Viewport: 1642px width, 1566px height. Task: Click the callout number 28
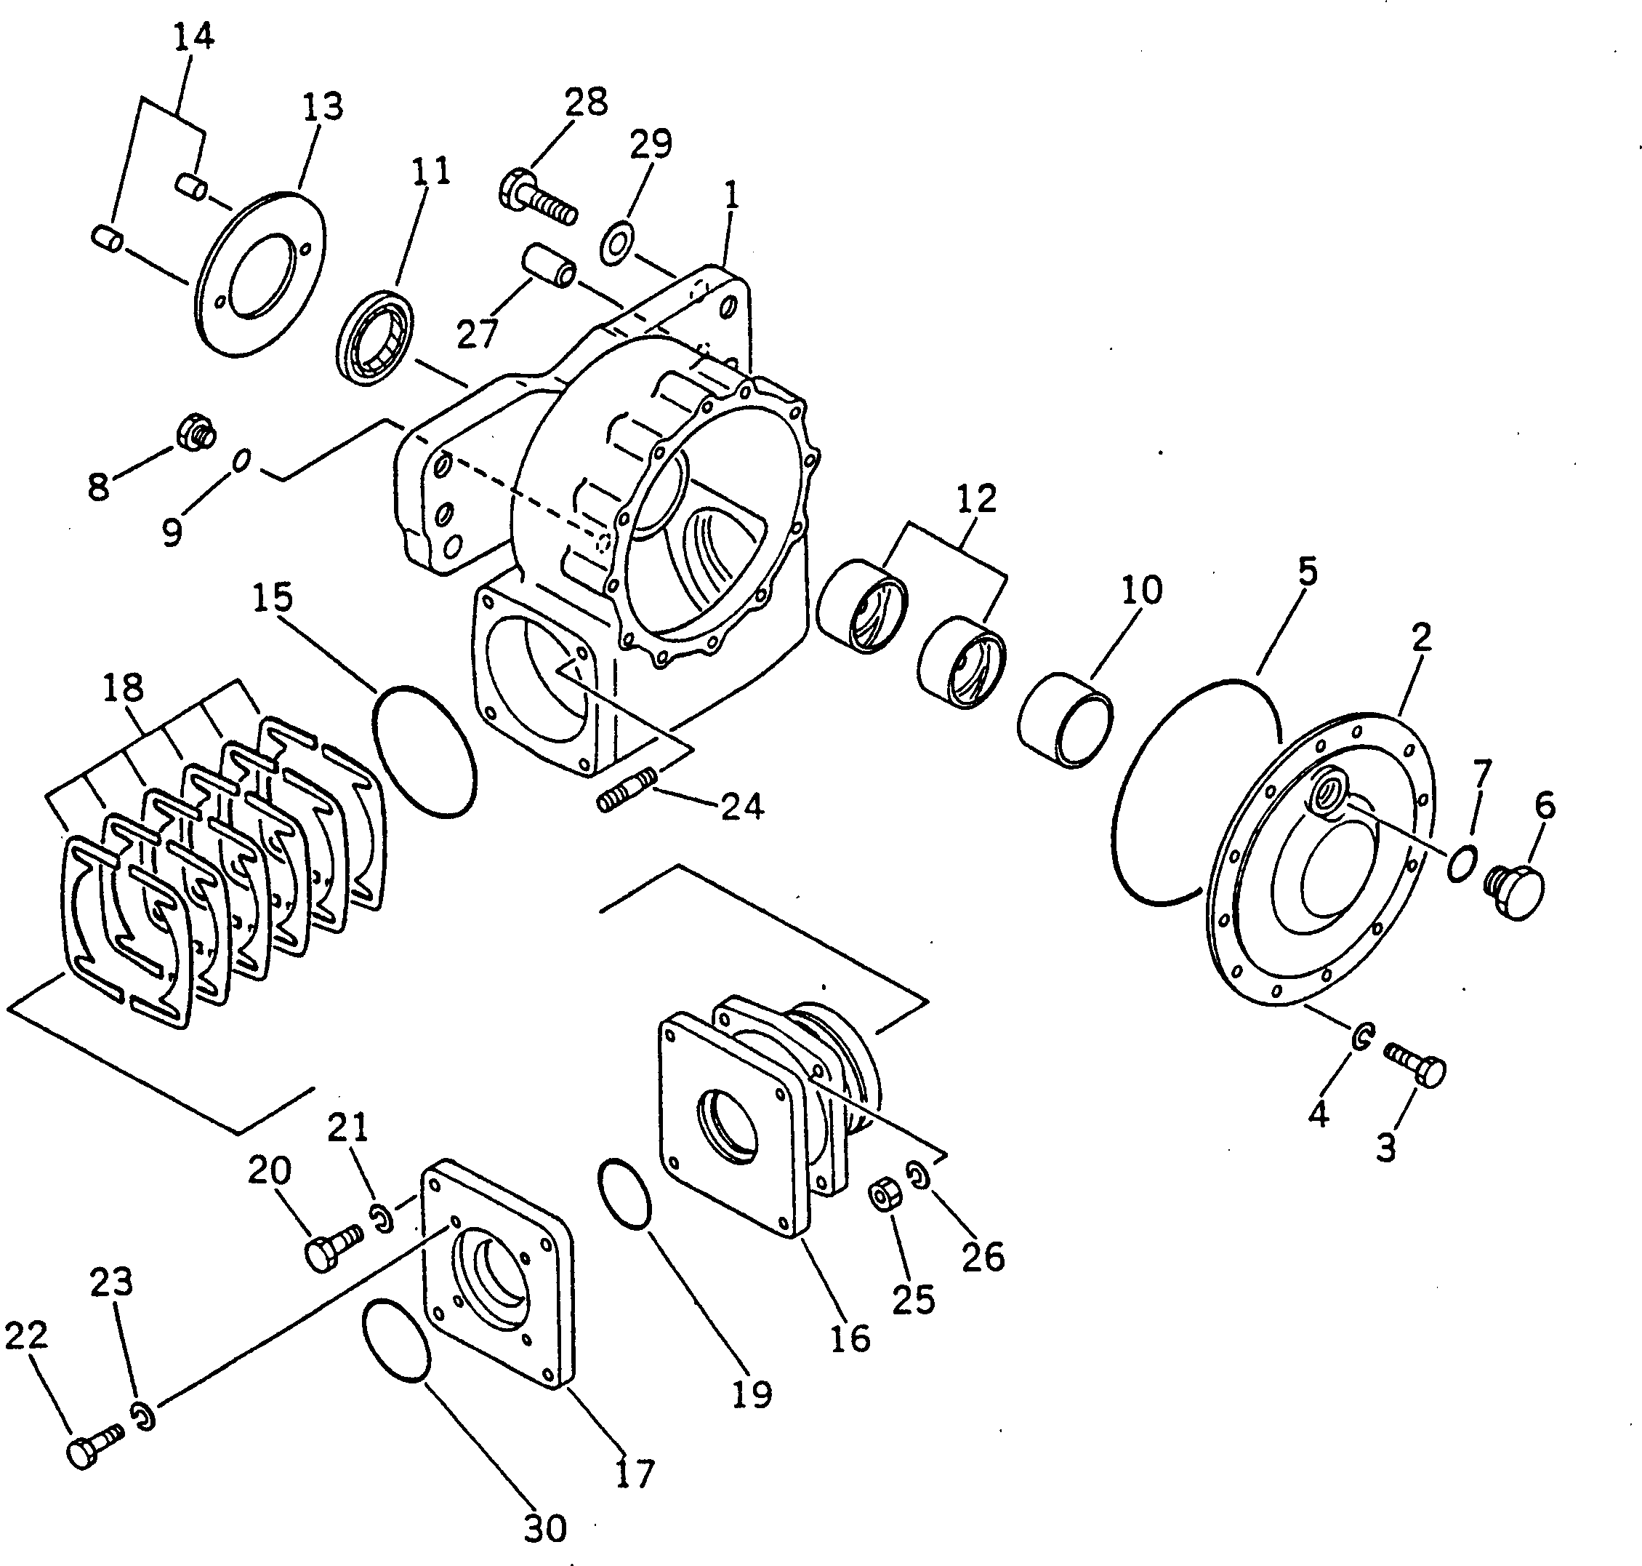586,102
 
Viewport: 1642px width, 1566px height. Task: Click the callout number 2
1421,637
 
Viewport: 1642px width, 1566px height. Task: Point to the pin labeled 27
547,265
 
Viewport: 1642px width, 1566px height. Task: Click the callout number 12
977,498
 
